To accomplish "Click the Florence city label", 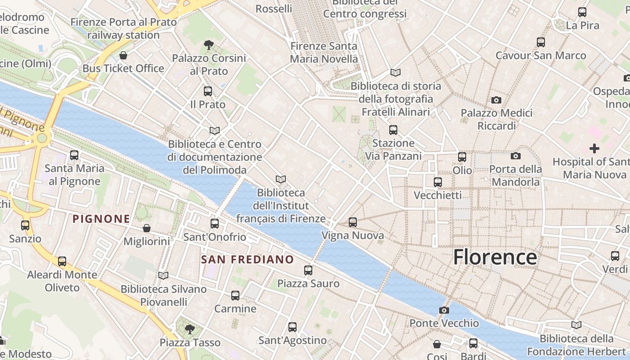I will (x=495, y=257).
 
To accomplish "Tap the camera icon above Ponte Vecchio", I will (x=444, y=310).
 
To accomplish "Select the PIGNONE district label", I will (x=101, y=219).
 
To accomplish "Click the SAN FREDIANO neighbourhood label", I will (x=247, y=260).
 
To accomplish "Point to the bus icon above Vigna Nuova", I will (x=353, y=222).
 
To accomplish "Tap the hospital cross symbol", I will (x=594, y=148).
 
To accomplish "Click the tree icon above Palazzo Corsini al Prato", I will (x=208, y=45).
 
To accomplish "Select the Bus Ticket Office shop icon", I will (x=123, y=55).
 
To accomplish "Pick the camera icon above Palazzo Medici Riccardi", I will (x=496, y=99).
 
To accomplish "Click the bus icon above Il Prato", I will (x=208, y=91).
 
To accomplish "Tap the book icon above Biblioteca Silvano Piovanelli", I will (x=163, y=275).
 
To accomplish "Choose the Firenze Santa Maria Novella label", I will (x=324, y=52).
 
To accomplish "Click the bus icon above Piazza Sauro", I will (x=308, y=270).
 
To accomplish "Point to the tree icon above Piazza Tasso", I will (x=190, y=329).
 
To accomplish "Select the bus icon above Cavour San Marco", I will (x=541, y=42).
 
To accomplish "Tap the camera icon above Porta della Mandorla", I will (x=516, y=156).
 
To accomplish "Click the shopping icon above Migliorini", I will (x=147, y=228).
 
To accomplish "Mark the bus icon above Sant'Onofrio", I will (x=215, y=224).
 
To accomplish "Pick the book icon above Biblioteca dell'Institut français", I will (x=281, y=180).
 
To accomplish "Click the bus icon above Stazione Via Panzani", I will (x=393, y=130).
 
